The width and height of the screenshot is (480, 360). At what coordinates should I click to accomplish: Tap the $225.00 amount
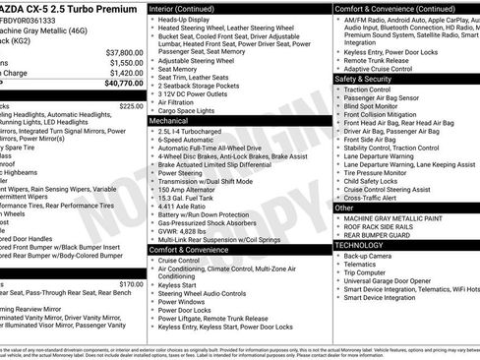(x=130, y=105)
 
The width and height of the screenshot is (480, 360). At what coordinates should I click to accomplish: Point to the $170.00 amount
(x=130, y=284)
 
